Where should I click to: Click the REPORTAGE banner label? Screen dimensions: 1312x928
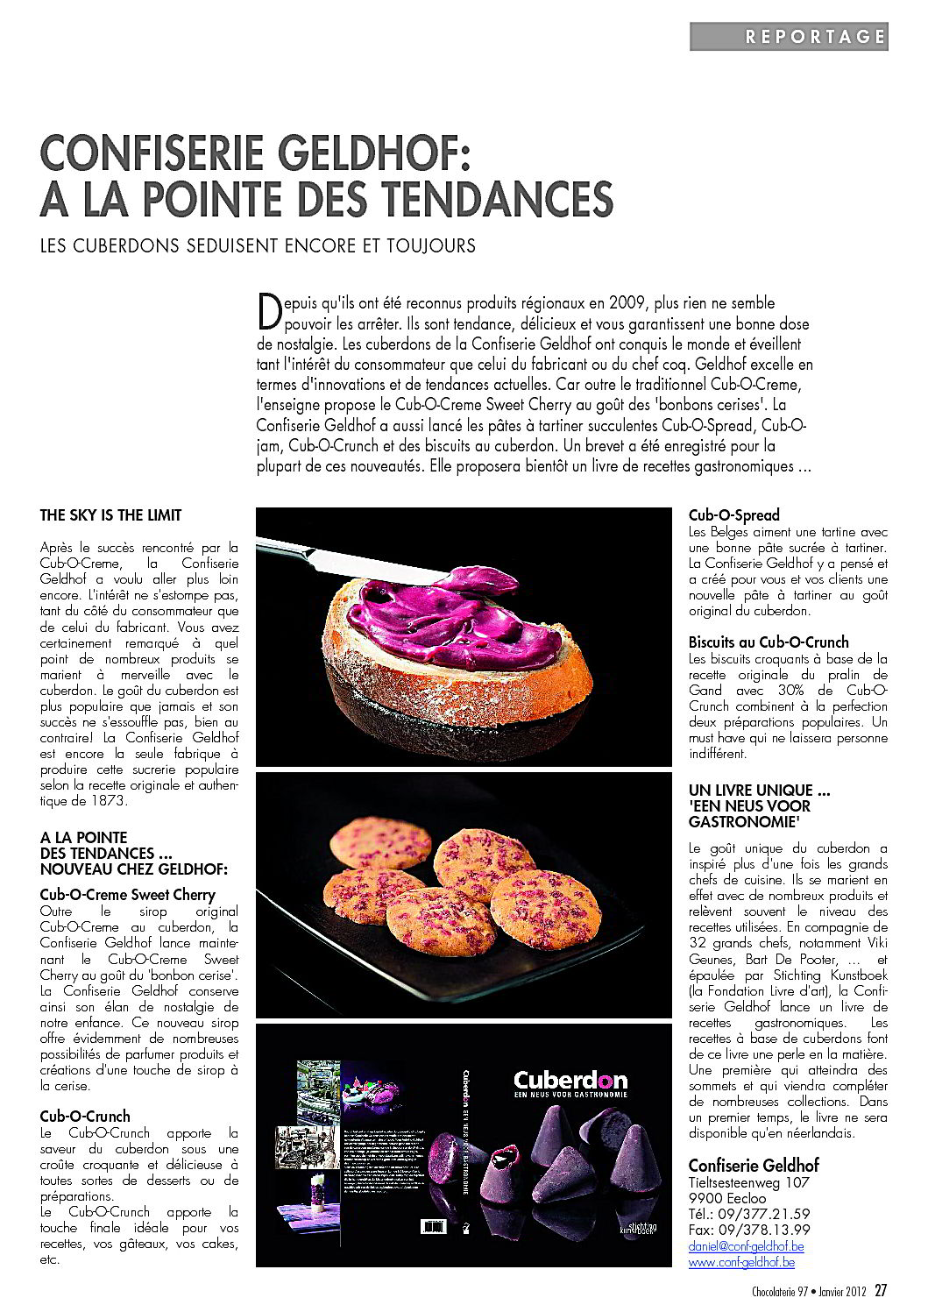point(815,37)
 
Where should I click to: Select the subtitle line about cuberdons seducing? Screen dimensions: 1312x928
point(258,245)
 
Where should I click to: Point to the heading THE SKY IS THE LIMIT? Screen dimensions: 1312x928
point(111,515)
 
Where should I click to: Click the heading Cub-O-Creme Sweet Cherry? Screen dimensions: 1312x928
point(128,895)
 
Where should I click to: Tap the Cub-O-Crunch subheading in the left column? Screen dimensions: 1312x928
point(85,1116)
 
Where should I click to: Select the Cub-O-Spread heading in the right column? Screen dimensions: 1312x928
point(733,515)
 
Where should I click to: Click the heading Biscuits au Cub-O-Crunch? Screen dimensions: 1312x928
point(769,642)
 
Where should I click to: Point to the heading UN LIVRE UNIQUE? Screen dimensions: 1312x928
point(759,790)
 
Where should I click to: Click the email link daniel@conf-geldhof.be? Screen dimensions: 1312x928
point(747,1245)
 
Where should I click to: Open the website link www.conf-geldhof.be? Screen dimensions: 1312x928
point(741,1262)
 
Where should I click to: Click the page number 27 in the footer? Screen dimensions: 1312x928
point(881,1289)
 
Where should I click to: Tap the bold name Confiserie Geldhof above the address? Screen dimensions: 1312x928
point(754,1165)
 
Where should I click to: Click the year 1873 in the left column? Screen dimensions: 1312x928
point(107,801)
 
